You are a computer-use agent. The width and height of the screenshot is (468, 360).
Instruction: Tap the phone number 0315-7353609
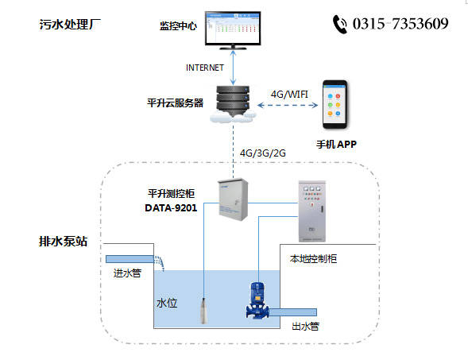(402, 24)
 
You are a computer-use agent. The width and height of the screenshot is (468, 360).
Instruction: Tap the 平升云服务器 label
(176, 103)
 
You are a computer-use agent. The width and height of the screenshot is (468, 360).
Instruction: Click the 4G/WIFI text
(290, 94)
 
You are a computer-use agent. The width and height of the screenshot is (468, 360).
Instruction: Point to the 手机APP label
(338, 144)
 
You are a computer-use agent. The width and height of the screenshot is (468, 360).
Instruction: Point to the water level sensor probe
(205, 306)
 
